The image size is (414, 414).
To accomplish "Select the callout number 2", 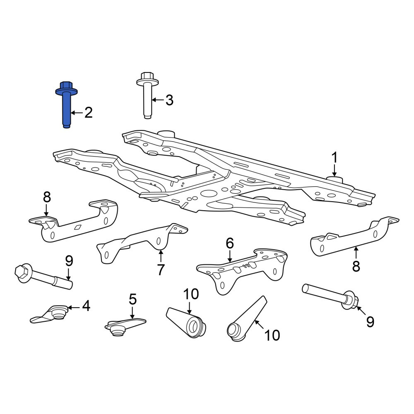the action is pos(88,113).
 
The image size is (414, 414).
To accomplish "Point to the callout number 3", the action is pos(169,100).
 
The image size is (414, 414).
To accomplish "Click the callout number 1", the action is pos(335,158).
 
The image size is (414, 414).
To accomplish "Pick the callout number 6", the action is pos(230,243).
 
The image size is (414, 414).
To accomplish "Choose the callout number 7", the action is pos(161,270).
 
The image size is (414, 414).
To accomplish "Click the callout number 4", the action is pos(86,306).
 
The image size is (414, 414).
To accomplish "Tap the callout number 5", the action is pos(132,299).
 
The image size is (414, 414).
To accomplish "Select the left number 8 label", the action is pos(47,197).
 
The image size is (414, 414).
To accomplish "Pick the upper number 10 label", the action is pos(191,294).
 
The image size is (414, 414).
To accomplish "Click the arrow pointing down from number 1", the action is pos(335,171).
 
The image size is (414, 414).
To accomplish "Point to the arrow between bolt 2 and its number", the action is pos(77,113).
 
